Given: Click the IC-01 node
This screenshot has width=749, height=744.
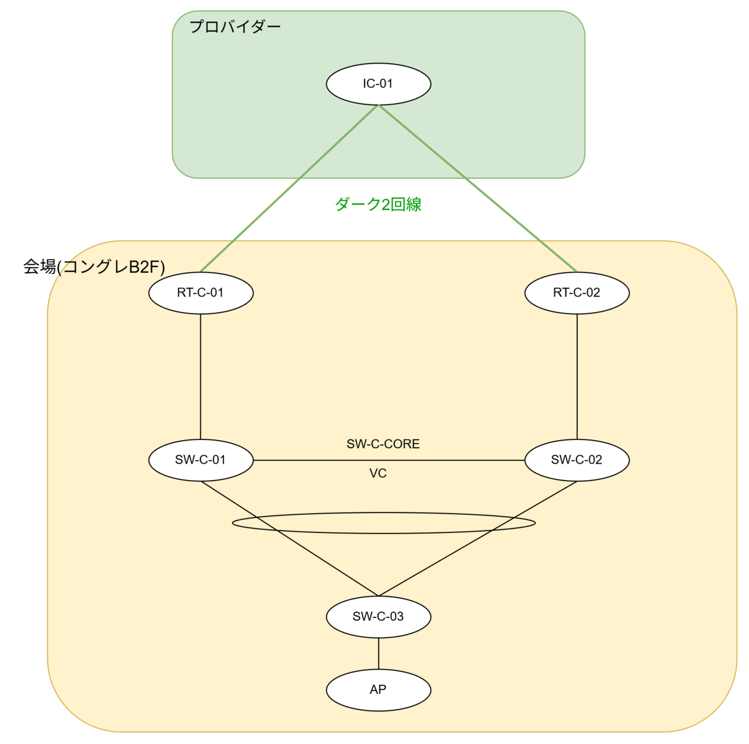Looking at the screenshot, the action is pos(378,84).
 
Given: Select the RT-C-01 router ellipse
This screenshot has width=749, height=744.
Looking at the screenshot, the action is pos(201,293).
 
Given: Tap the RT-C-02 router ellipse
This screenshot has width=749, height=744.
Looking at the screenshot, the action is pos(577,293).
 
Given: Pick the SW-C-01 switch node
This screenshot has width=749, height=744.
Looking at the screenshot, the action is pos(201,460).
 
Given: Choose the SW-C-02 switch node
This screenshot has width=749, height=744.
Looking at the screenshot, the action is pos(577,460).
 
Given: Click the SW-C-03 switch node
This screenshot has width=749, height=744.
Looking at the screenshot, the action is pos(378,617).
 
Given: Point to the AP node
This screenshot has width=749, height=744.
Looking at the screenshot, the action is pos(378,690).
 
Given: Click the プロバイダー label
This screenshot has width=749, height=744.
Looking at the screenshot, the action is pos(235,27).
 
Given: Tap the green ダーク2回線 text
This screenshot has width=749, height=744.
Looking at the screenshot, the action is pos(378,204).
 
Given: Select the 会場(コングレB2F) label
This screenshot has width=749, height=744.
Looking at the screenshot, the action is pos(94,267).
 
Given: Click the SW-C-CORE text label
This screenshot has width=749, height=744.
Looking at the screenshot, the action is pos(383,444).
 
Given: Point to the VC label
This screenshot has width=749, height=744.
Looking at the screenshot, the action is pos(378,473).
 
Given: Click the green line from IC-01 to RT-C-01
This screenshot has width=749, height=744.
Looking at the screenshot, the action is pos(290,188).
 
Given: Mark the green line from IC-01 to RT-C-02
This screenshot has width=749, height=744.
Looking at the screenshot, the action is pos(477,188).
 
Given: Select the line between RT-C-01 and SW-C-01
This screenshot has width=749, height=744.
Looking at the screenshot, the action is pos(200,376).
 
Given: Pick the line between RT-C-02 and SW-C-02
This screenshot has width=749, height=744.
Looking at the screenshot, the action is pos(577,376).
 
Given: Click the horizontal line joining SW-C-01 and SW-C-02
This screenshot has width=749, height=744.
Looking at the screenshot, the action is pos(389,460).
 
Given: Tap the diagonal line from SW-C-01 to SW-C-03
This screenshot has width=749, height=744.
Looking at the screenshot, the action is pos(290,539).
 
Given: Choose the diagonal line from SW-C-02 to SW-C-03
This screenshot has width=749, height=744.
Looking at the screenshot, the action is pos(477,539).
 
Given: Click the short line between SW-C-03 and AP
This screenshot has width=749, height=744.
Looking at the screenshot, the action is pos(378,653).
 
